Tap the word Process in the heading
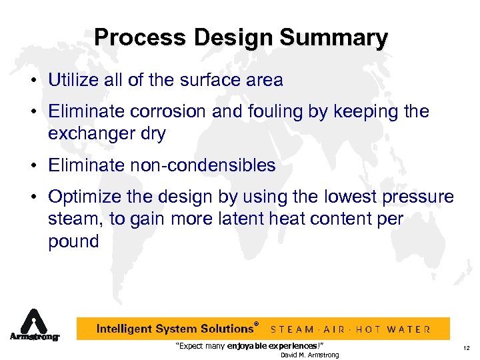coord(135,37)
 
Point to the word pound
coord(73,241)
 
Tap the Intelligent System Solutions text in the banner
coord(175,329)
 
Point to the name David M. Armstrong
coord(309,355)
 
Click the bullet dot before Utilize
coord(32,81)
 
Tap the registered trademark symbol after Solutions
coord(257,324)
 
